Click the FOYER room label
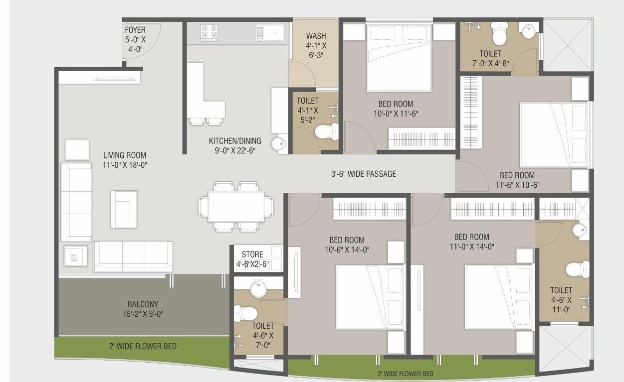[135, 30]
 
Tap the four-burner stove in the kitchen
[209, 32]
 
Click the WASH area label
[316, 36]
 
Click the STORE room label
[252, 255]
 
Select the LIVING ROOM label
[125, 155]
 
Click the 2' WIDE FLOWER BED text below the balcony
[143, 346]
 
